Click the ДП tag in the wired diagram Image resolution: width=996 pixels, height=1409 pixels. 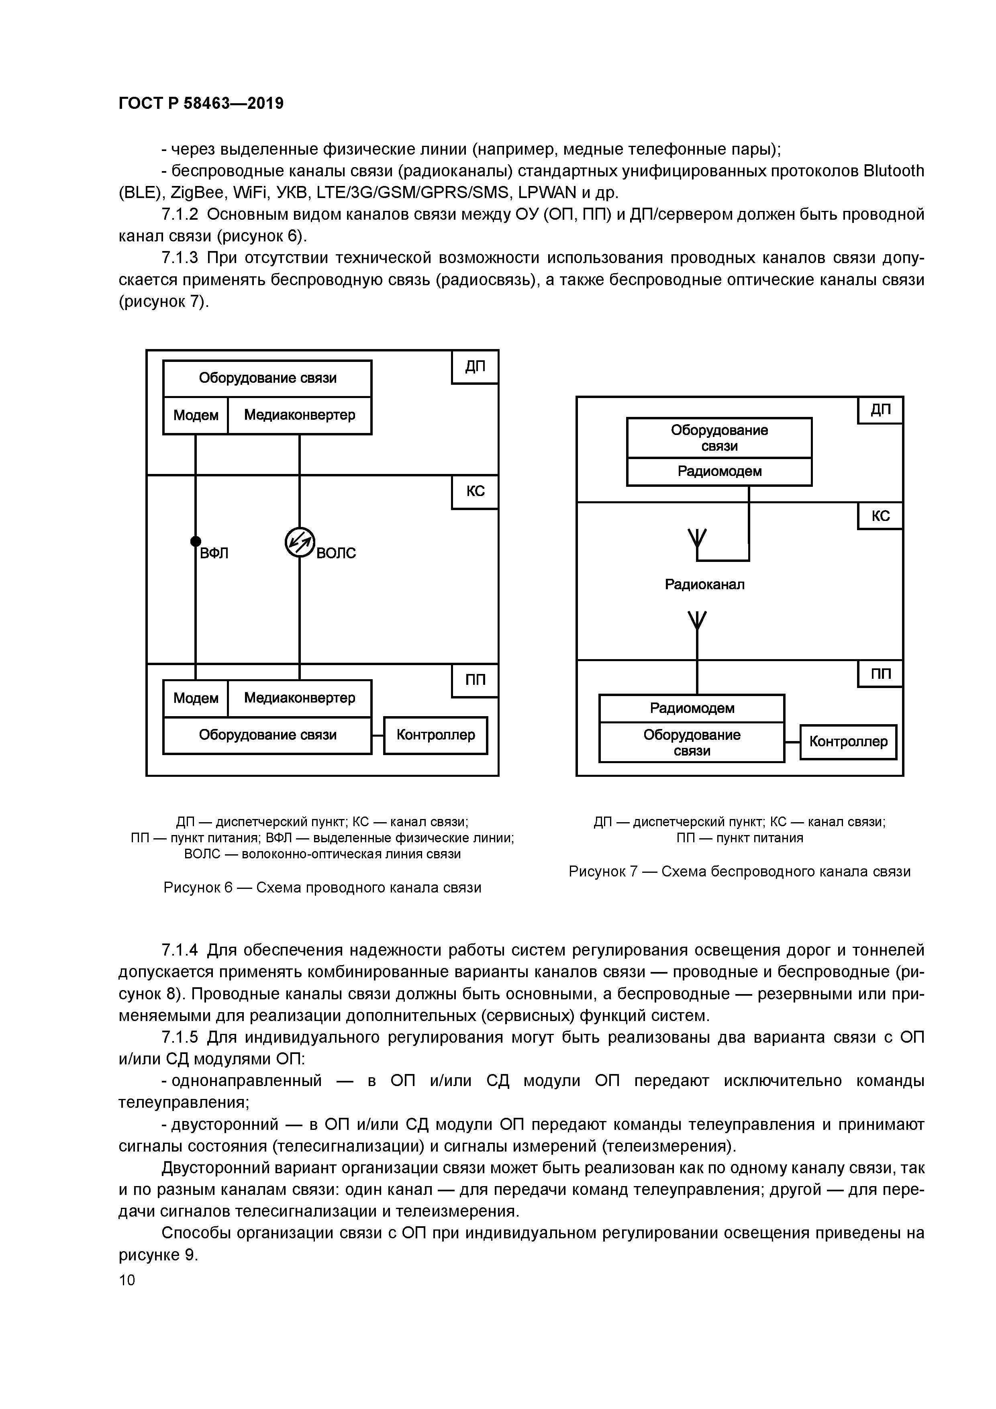[x=474, y=367]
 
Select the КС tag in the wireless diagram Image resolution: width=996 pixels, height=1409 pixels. [x=880, y=516]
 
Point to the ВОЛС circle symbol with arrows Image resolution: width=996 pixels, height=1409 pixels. [x=300, y=543]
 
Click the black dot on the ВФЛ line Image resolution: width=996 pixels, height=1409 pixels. [x=195, y=541]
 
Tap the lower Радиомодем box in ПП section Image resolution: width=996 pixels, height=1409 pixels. [x=692, y=708]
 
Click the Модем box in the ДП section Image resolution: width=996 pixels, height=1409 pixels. [x=195, y=415]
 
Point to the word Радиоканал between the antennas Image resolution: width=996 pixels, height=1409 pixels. [x=704, y=584]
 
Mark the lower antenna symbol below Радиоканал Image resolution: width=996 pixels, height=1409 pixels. [x=697, y=621]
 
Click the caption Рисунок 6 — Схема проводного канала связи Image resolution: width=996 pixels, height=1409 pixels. [x=322, y=887]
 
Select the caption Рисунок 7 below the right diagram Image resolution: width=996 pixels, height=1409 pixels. [x=739, y=872]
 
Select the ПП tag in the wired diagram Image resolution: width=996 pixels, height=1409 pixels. [x=474, y=680]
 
